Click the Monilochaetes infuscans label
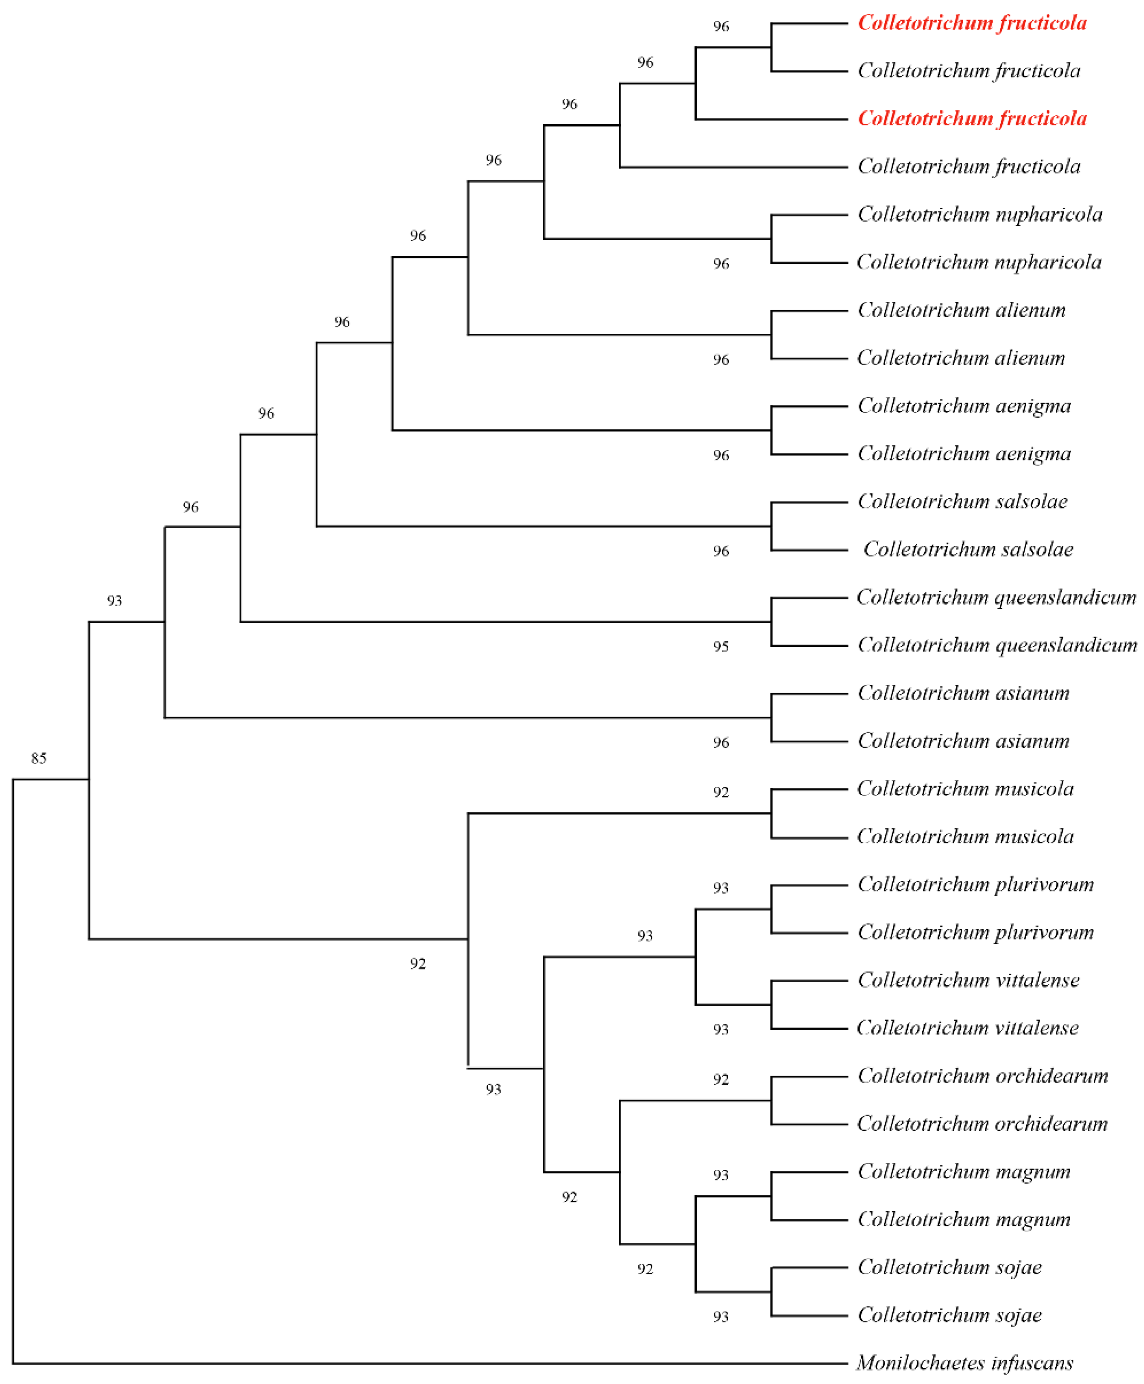tap(965, 1362)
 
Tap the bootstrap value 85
tap(39, 758)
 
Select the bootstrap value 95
tap(721, 646)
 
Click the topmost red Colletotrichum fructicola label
tap(972, 23)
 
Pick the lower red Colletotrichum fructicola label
tap(972, 119)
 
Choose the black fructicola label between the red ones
tap(969, 70)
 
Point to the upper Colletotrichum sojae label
tap(950, 1267)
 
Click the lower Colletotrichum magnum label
tap(964, 1218)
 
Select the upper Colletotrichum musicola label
tap(965, 789)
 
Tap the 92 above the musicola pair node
tap(721, 792)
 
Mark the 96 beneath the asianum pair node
tap(721, 742)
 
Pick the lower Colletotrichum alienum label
tap(961, 357)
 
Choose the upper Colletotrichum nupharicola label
tap(980, 214)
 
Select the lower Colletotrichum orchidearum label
tap(982, 1123)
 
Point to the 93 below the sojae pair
tap(721, 1316)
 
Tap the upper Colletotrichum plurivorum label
tap(975, 884)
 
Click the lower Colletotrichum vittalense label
tap(967, 1027)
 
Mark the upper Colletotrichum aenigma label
tap(964, 406)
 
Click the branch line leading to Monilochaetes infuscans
tap(428, 1363)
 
